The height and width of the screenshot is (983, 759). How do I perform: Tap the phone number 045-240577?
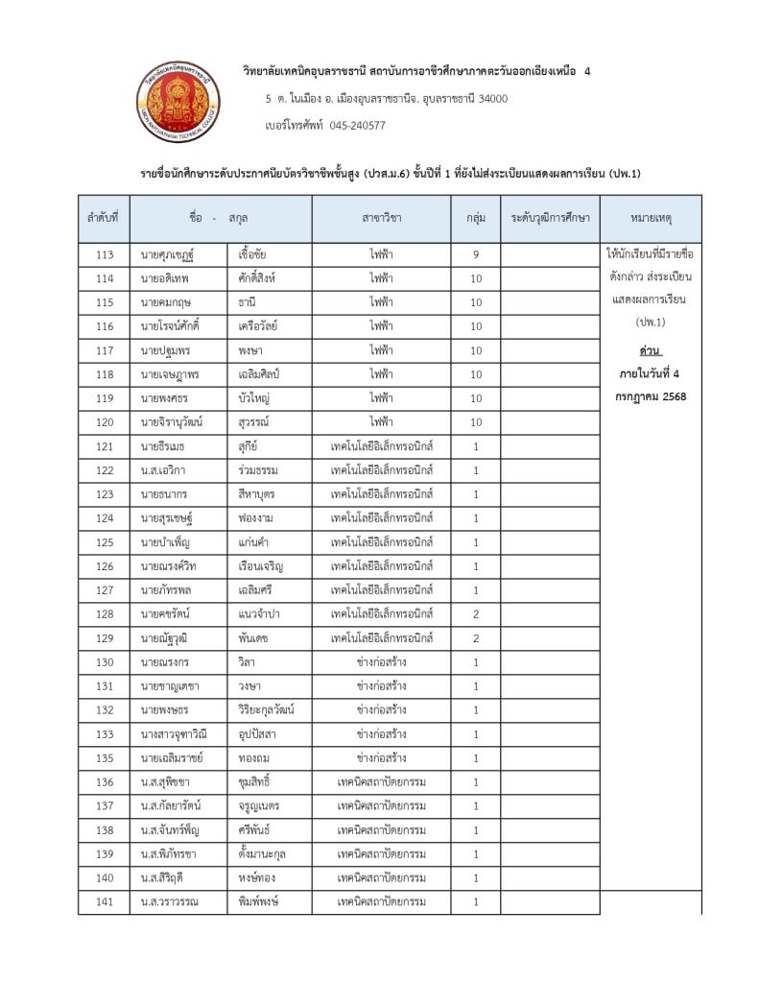pos(357,125)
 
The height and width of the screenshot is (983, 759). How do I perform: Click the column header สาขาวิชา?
pos(382,219)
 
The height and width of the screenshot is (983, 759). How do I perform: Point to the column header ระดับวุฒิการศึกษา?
pos(550,219)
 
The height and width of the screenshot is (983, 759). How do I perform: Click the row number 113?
pos(106,255)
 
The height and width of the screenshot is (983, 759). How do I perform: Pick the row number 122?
pos(106,470)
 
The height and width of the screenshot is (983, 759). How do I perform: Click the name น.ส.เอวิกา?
pos(164,470)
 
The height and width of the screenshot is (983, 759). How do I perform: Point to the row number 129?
pos(106,638)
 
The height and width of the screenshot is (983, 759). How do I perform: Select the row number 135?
pos(106,758)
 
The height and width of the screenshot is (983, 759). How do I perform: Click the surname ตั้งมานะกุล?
pos(264,853)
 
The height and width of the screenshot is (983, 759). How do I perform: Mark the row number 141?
pos(106,902)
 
